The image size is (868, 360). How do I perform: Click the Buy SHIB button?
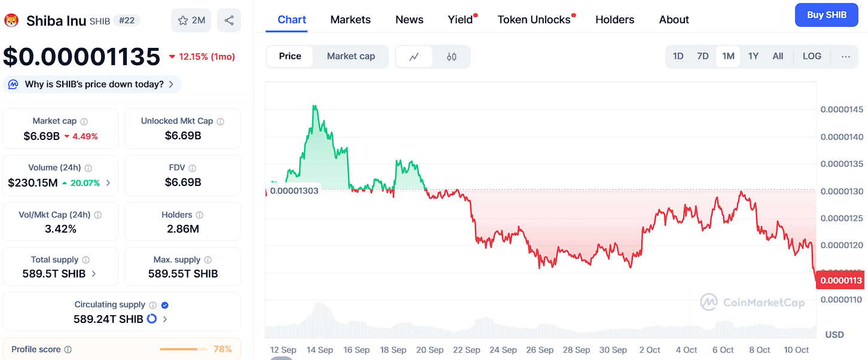coord(826,15)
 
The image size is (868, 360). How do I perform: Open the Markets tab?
coord(350,20)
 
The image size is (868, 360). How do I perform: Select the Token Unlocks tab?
coord(534,20)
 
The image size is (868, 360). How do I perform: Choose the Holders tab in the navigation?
coord(614,20)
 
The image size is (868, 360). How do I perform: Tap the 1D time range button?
coord(678,56)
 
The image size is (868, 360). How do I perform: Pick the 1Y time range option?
coord(753,56)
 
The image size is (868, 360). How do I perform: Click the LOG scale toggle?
coord(812,56)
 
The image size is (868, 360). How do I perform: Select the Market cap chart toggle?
coord(351,56)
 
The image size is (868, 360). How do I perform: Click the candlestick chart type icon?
coord(452,57)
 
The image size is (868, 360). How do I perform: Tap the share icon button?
coord(229,20)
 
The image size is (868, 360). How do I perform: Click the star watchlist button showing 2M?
coord(191,20)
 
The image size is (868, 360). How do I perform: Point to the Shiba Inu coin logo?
coord(11,21)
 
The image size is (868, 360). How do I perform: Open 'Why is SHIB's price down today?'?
coord(94,84)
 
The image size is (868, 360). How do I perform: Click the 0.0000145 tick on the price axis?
coord(841,109)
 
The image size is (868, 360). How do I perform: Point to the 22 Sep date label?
coord(467,350)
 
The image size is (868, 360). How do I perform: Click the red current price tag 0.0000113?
coord(840,280)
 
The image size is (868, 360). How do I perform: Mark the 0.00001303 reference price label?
coord(294,191)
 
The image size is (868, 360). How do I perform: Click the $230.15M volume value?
coord(33,183)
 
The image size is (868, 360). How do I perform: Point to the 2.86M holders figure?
coord(182,229)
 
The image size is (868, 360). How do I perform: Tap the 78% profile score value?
coord(223,349)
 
